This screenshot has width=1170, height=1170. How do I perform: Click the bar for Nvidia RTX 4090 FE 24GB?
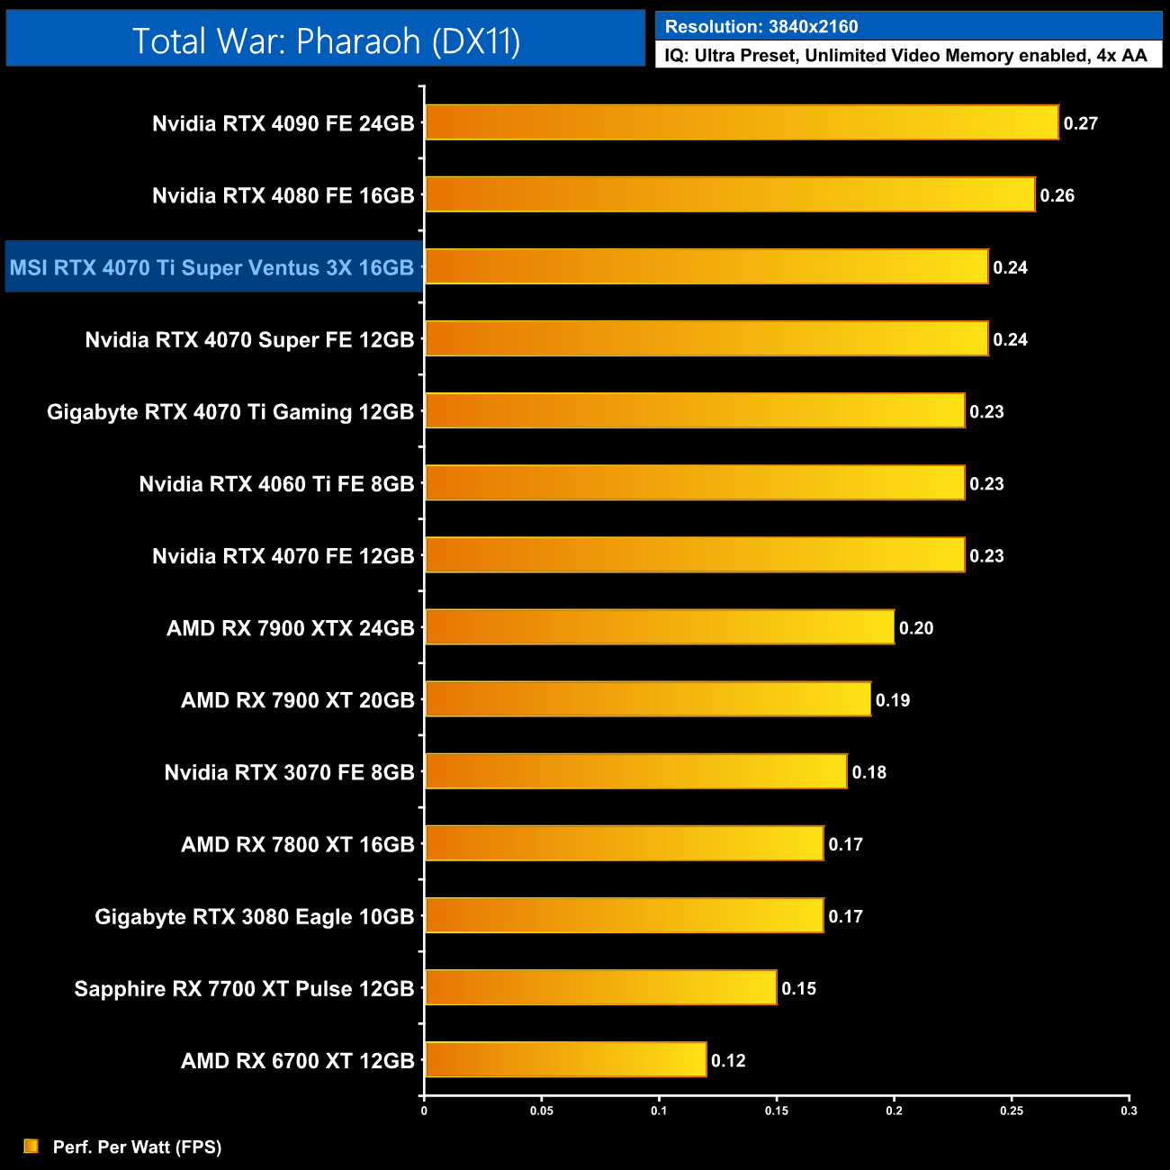742,122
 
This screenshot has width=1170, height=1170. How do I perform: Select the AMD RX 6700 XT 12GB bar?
565,1059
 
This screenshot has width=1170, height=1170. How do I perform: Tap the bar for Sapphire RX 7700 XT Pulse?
600,987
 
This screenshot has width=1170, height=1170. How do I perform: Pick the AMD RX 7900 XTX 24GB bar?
660,627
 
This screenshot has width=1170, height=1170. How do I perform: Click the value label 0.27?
1080,123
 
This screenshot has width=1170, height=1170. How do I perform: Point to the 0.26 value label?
1057,195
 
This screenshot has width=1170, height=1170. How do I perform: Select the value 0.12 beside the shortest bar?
728,1060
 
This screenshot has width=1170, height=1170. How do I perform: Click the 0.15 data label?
798,988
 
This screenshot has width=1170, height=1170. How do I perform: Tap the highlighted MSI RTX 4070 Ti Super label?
212,267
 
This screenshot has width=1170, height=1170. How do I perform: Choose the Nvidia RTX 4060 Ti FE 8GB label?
276,484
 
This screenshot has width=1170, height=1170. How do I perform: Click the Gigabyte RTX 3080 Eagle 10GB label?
255,916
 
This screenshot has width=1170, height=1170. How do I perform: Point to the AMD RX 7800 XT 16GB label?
297,844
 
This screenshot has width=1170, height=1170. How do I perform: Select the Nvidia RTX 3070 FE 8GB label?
289,772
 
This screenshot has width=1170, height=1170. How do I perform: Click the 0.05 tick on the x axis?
541,1111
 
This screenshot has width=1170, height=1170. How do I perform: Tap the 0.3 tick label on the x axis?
1129,1111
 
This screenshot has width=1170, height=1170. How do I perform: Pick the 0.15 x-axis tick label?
776,1111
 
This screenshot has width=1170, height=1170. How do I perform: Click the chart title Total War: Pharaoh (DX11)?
326,40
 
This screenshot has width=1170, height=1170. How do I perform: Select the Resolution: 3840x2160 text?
761,26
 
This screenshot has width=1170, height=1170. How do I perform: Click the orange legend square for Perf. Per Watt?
31,1146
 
